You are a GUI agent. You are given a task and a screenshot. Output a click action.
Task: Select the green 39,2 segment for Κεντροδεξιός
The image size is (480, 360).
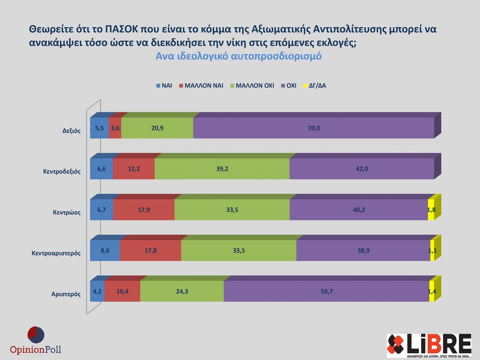pyautogui.click(x=222, y=169)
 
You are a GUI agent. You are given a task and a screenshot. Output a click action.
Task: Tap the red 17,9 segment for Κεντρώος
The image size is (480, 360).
pyautogui.click(x=144, y=210)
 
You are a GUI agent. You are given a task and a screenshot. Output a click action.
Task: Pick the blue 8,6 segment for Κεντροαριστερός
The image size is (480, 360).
pyautogui.click(x=105, y=251)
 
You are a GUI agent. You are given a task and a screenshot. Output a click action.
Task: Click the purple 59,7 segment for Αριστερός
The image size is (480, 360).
pyautogui.click(x=326, y=292)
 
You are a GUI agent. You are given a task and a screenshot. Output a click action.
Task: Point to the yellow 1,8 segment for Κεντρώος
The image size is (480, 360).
pyautogui.click(x=431, y=210)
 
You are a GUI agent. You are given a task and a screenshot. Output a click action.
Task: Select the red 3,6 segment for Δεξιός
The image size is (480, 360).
pyautogui.click(x=115, y=128)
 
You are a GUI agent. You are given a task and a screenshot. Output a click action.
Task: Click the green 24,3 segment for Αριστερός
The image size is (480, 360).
pyautogui.click(x=182, y=292)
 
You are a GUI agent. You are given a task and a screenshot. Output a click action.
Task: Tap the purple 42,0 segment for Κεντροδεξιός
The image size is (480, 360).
pyautogui.click(x=362, y=169)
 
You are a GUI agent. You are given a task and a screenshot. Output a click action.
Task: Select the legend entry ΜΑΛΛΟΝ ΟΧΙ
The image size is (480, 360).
pyautogui.click(x=252, y=85)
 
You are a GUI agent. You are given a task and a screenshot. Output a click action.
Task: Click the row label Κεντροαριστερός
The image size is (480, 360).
pyautogui.click(x=56, y=253)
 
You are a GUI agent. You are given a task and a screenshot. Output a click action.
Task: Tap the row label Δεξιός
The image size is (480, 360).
pyautogui.click(x=71, y=131)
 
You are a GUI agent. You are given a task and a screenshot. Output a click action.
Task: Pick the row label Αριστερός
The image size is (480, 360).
pyautogui.click(x=66, y=294)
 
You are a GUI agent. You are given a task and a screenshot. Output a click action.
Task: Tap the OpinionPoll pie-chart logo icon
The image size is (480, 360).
pyautogui.click(x=36, y=335)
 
